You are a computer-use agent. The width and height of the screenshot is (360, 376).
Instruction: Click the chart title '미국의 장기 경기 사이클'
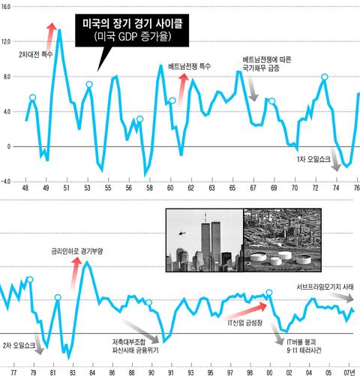click(133, 24)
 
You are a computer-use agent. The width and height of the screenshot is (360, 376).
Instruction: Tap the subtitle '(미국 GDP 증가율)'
click(133, 37)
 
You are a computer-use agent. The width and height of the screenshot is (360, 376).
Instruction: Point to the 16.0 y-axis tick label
click(6, 7)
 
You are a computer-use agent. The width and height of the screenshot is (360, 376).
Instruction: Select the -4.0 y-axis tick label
click(6, 182)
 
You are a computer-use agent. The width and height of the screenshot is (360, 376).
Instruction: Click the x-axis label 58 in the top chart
click(149, 188)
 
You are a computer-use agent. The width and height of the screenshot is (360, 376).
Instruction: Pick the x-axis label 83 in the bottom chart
click(73, 372)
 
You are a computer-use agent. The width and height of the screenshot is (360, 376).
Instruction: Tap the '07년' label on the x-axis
click(349, 372)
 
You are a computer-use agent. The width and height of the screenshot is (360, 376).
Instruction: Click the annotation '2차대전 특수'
click(35, 54)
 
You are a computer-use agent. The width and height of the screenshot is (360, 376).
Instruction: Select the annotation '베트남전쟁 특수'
click(190, 67)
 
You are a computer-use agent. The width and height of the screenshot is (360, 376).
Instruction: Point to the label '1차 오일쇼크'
click(313, 159)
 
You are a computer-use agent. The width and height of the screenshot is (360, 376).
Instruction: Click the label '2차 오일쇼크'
click(19, 346)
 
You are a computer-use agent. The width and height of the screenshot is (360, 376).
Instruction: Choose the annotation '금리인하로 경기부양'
click(77, 251)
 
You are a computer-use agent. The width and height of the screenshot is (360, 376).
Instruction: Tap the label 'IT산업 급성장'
click(245, 323)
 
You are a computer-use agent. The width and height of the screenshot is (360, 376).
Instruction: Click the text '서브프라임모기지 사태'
click(325, 287)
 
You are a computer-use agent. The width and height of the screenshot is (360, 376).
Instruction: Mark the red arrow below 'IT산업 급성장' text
click(247, 312)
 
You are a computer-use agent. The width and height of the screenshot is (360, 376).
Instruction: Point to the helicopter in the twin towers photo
click(182, 233)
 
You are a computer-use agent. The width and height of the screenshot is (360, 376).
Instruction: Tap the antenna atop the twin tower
click(205, 218)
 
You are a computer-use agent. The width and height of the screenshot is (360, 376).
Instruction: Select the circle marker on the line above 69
click(272, 101)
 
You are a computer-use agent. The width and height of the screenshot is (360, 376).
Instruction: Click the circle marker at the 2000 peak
click(269, 293)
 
